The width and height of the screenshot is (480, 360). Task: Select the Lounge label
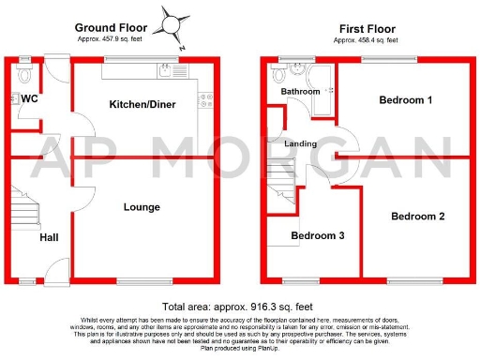point(141,207)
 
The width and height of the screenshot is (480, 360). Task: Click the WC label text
point(28,98)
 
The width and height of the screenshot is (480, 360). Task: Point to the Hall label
point(50,238)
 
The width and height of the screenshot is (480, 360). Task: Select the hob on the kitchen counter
point(204,99)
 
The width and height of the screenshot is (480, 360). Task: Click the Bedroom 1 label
point(406,99)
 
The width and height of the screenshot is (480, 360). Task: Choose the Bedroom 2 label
point(417,217)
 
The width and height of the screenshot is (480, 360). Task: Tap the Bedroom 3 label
point(317,235)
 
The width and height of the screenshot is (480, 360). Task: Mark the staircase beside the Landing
point(281,184)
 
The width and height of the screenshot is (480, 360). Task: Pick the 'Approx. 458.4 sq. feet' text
point(367,41)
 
